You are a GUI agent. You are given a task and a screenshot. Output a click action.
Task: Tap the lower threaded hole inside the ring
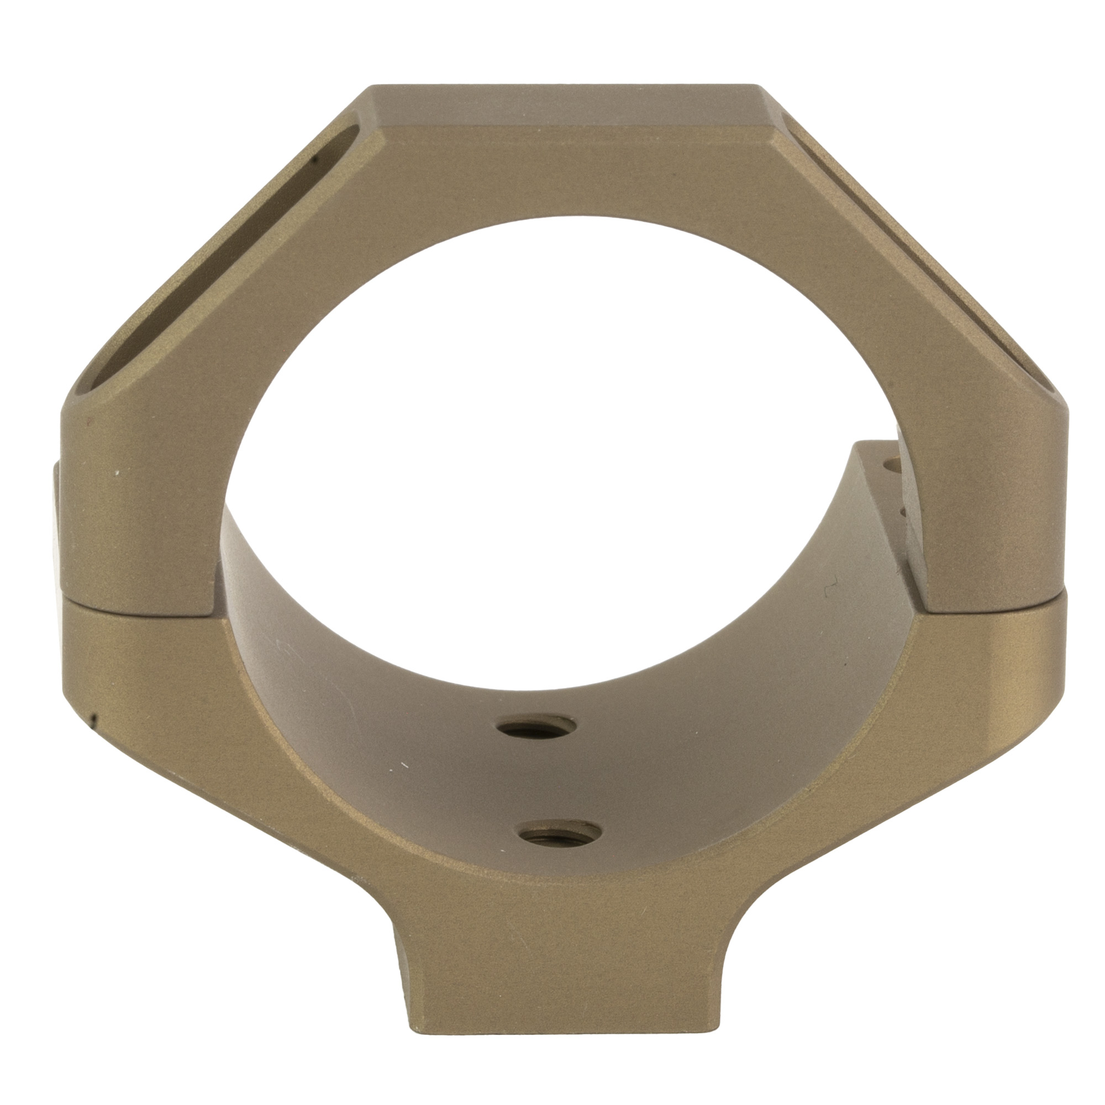(x=563, y=829)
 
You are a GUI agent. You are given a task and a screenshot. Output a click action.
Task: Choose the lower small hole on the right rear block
(x=905, y=511)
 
